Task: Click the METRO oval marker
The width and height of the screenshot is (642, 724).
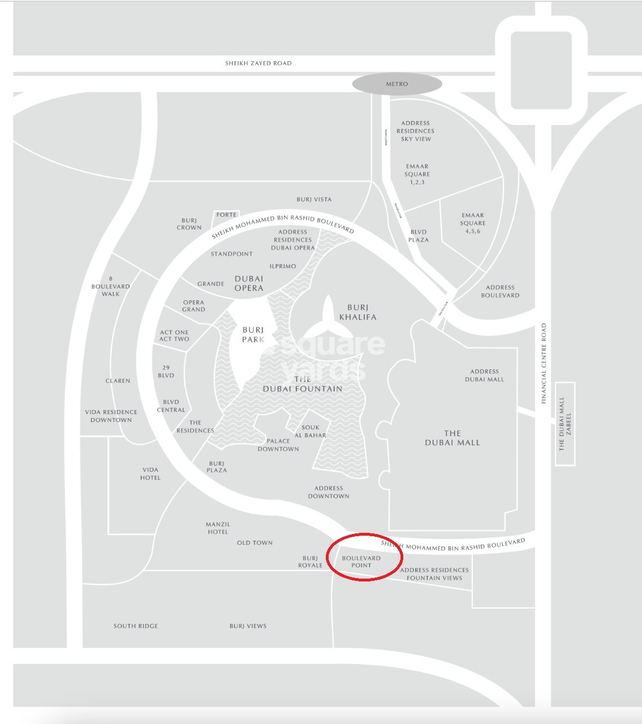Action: click(x=397, y=84)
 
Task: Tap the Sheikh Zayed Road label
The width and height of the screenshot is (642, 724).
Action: click(x=258, y=63)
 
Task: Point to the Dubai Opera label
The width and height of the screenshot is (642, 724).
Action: click(x=249, y=283)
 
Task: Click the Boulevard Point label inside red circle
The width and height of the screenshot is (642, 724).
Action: click(x=361, y=562)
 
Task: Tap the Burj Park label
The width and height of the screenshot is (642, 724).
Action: click(x=253, y=334)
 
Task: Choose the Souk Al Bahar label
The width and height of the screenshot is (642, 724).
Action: click(x=310, y=432)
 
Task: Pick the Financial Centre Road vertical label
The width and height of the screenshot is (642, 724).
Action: click(x=544, y=363)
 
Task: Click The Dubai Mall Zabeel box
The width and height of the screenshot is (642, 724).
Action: click(x=565, y=424)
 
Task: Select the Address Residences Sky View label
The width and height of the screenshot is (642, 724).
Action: click(x=416, y=131)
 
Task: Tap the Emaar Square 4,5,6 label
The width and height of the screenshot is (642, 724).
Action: click(x=473, y=223)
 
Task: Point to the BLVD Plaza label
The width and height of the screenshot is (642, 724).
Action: click(x=419, y=236)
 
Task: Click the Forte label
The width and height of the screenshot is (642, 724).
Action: click(x=226, y=215)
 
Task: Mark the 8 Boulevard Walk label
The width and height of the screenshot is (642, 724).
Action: click(x=111, y=286)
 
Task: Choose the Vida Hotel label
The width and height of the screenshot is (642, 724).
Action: click(x=150, y=473)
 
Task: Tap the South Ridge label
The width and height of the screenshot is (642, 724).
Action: click(x=136, y=626)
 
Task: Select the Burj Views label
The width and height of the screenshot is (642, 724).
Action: click(x=248, y=626)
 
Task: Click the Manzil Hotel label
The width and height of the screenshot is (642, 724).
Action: click(x=218, y=528)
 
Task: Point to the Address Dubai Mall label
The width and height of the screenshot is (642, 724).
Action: click(x=484, y=376)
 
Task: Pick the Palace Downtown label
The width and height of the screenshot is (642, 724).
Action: click(x=278, y=445)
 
